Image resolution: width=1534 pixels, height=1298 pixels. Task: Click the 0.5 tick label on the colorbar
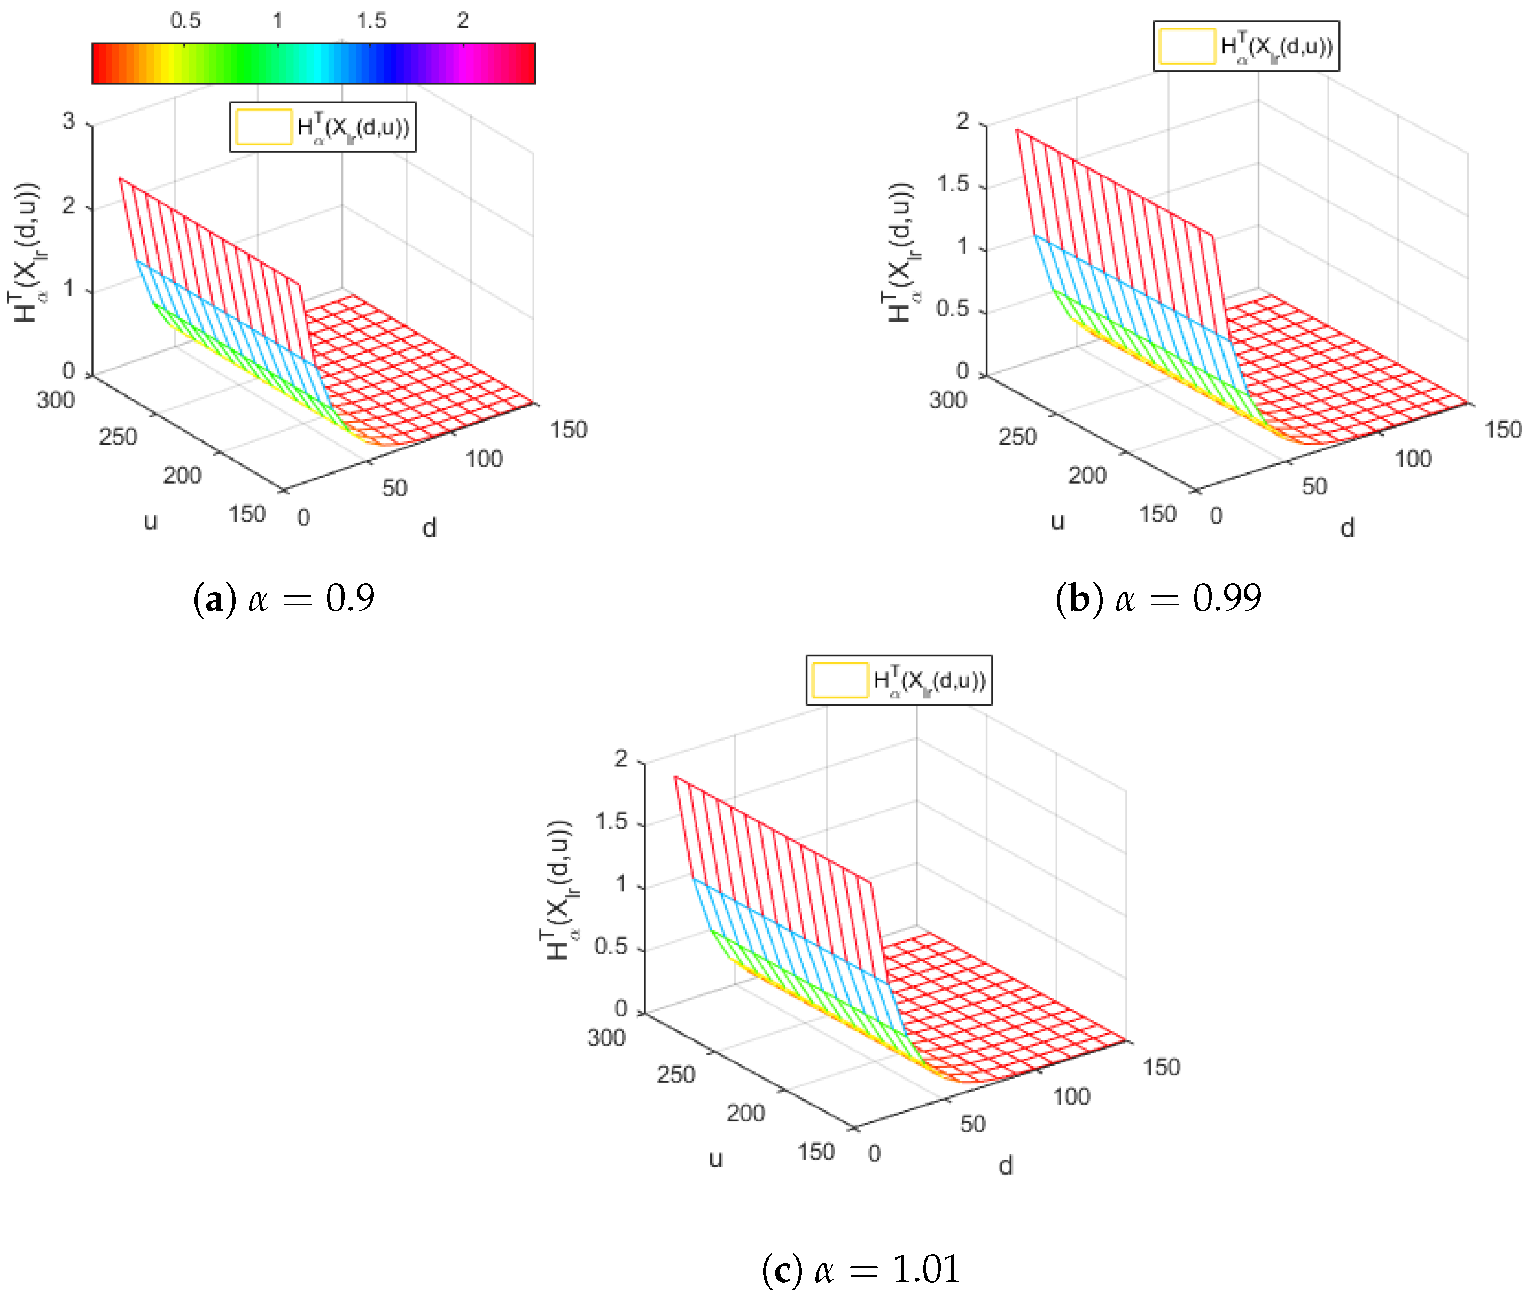185,21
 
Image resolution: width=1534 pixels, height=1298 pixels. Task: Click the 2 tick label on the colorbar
462,21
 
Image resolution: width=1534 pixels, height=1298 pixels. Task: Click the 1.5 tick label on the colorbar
371,21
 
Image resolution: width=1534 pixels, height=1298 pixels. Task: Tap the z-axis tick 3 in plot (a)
68,121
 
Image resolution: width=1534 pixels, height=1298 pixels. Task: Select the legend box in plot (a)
322,127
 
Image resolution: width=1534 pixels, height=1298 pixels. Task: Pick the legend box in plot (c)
898,680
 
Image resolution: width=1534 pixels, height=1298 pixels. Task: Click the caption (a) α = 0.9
284,597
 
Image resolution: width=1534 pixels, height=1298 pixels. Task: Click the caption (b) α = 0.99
1158,597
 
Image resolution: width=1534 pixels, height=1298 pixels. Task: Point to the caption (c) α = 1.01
860,1269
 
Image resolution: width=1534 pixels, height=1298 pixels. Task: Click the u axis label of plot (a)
150,522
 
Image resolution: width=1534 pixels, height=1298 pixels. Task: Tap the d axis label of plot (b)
1346,527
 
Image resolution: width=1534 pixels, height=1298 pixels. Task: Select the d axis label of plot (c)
1005,1165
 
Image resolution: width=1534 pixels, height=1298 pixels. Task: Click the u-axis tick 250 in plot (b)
1017,437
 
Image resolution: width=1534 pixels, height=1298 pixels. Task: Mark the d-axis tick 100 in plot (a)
484,459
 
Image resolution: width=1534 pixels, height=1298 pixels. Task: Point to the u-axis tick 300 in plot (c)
606,1038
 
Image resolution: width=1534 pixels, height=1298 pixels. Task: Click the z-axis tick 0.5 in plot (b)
952,309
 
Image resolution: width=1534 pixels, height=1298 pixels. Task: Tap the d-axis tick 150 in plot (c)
1160,1067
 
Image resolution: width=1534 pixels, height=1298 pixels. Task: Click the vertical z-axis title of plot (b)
900,252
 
